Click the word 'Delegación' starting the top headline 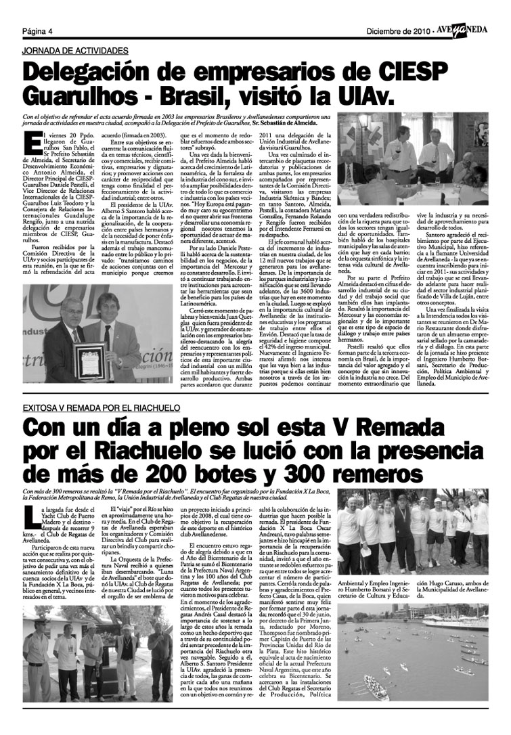(x=94, y=72)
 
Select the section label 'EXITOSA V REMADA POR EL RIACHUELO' (x=102, y=409)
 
